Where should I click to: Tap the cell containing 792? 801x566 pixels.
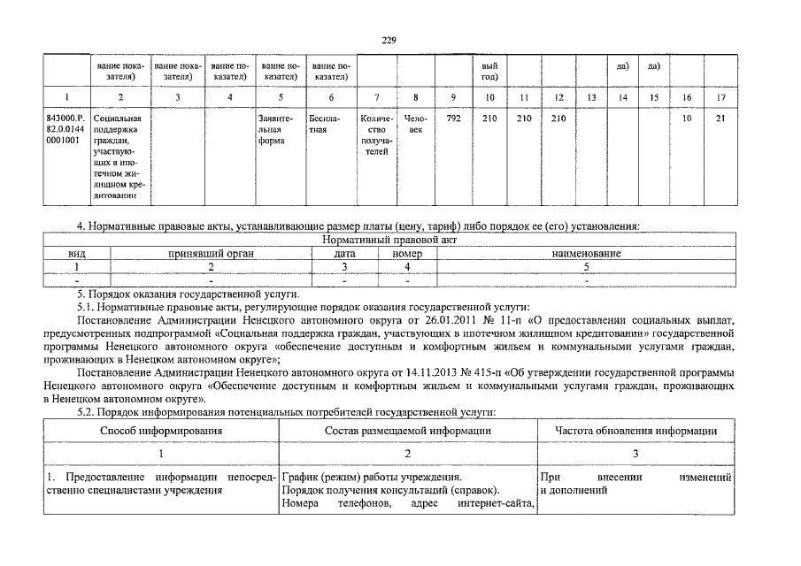452,118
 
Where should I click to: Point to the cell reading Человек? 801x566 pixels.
415,124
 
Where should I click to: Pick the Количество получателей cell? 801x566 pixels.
376,134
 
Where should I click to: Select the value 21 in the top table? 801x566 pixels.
720,118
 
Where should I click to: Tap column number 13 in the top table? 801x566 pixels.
591,96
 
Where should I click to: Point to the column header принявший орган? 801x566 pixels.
211,253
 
